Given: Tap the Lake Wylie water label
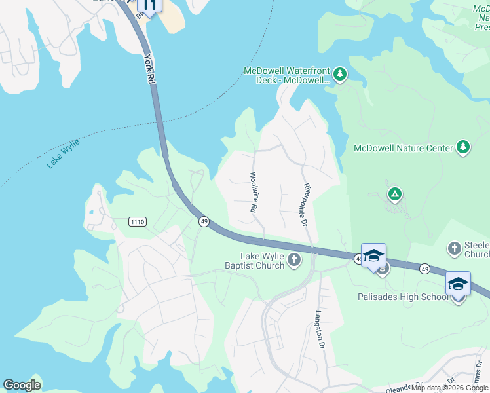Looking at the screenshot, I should (x=63, y=154).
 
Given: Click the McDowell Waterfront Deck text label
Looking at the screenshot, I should (x=286, y=75).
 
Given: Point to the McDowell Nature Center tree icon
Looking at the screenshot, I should (x=463, y=147).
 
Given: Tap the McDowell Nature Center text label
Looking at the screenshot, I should (x=403, y=148).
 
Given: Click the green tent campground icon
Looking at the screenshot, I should (x=394, y=194).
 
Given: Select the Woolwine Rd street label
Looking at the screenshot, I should (x=252, y=192).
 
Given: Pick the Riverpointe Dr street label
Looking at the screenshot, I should (x=305, y=205).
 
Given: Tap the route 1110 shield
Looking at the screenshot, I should (x=138, y=222).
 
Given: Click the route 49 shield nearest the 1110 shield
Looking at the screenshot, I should (x=204, y=222).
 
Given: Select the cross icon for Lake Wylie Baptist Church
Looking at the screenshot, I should (x=294, y=261).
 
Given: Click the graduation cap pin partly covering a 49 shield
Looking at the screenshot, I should (x=373, y=255).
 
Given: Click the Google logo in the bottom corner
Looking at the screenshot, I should (x=22, y=385).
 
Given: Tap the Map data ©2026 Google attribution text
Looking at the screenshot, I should (x=449, y=388).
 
